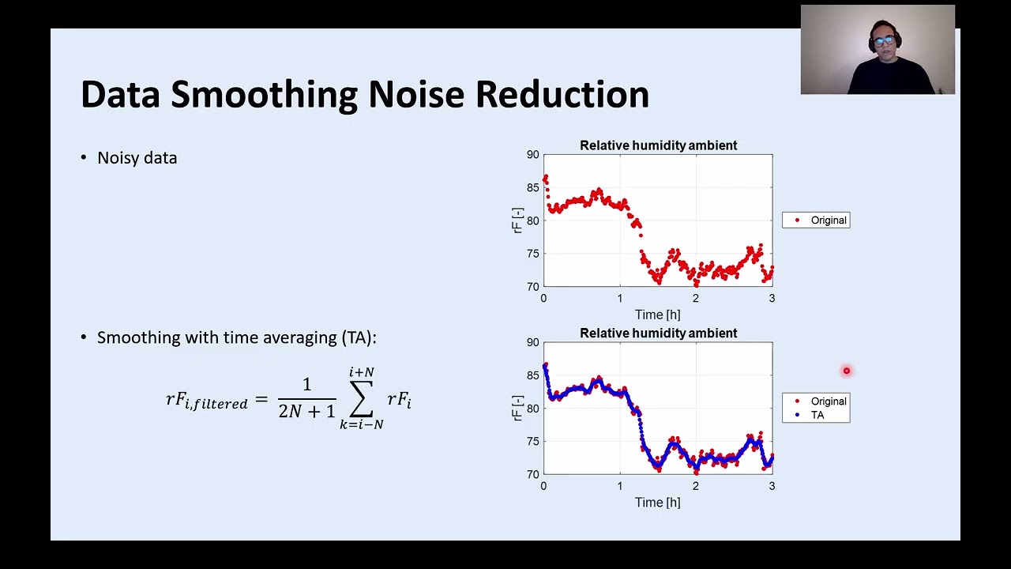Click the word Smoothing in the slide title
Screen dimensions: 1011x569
coord(265,96)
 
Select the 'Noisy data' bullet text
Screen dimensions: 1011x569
coord(137,158)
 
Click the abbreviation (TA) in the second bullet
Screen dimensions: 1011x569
coord(359,337)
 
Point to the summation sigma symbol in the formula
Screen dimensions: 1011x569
coord(361,399)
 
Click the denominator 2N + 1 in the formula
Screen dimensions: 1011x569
coord(307,411)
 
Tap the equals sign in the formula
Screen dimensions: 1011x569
coord(261,399)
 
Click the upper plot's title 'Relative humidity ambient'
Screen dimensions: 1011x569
coord(659,145)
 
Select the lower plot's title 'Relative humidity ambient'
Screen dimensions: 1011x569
coord(659,333)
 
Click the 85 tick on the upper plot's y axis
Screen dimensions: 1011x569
coord(533,187)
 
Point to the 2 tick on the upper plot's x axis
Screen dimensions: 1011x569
coord(696,298)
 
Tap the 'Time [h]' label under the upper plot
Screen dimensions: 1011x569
coord(658,315)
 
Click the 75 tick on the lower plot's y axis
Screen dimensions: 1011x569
coord(533,441)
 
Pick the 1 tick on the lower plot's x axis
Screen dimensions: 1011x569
coord(620,486)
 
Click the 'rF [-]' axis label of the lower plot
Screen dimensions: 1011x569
coord(517,409)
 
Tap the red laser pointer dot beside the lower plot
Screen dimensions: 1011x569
coord(847,371)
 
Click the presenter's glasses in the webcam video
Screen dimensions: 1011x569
coord(884,41)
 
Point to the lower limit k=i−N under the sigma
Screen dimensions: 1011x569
coord(362,425)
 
